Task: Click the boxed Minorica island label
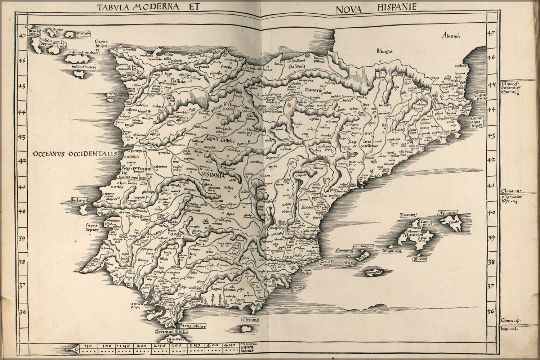pyautogui.click(x=448, y=213)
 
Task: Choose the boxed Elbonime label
pyautogui.click(x=250, y=310)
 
